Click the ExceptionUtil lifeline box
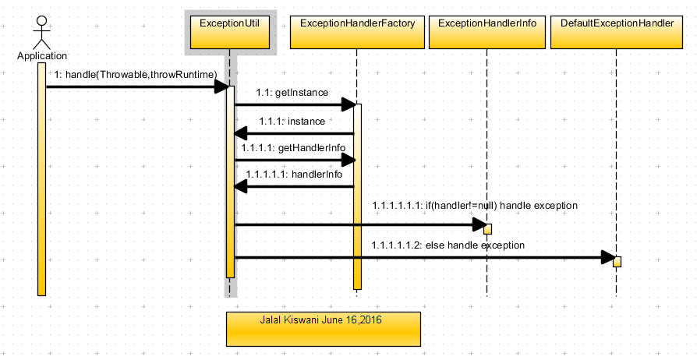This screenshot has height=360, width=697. tap(229, 32)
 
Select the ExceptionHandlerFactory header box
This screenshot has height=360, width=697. tap(356, 32)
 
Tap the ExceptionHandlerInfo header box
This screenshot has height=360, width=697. tap(487, 32)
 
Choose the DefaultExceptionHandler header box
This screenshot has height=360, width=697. tap(617, 32)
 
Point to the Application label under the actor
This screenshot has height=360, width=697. tap(42, 56)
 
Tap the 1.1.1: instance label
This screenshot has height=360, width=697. tap(292, 122)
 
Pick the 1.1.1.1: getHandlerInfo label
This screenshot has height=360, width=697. tap(293, 147)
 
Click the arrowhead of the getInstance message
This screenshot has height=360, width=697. tap(348, 104)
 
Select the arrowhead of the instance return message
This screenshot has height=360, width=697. tap(242, 134)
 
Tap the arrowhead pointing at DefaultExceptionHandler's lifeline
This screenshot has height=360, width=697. tap(607, 257)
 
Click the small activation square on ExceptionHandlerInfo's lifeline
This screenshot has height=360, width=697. tap(487, 229)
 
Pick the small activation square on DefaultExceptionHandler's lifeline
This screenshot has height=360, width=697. tap(617, 262)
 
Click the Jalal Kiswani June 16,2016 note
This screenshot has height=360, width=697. tap(324, 328)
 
